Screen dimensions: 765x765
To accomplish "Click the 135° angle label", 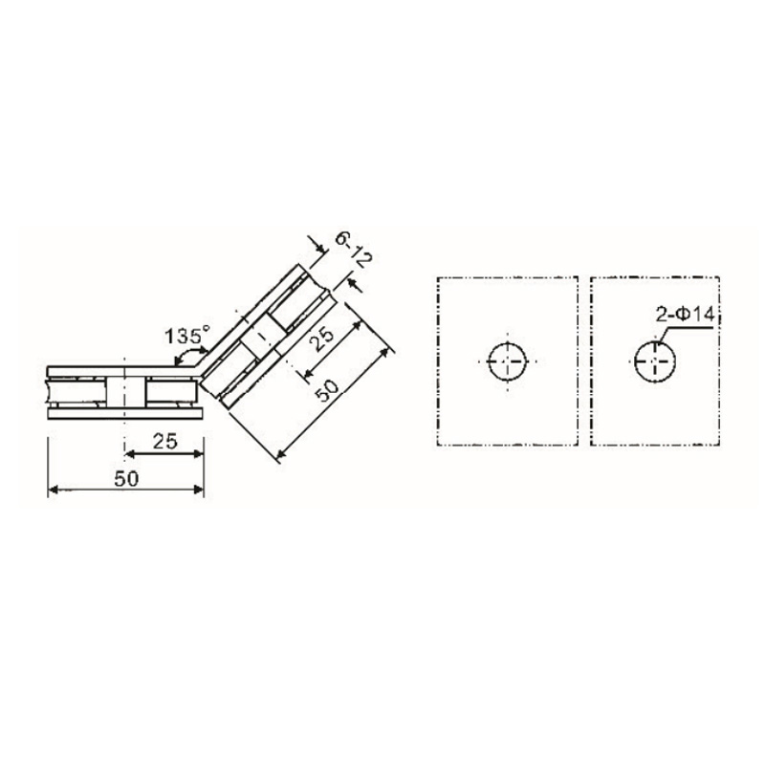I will tap(186, 336).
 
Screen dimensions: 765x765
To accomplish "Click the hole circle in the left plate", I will tap(508, 361).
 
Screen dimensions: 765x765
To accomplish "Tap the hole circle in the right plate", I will tap(655, 361).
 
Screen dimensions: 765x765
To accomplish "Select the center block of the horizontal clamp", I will tap(125, 391).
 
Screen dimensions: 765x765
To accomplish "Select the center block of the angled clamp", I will tap(261, 341).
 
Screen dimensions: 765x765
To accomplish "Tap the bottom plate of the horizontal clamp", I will tap(124, 415).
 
